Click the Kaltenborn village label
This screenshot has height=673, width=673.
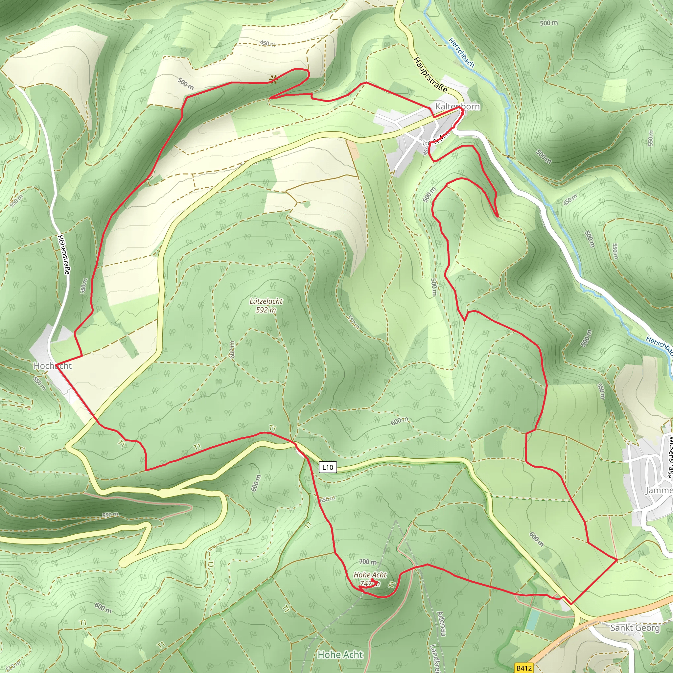point(457,106)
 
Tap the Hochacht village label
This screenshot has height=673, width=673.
point(52,366)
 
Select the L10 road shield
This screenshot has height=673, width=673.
point(328,468)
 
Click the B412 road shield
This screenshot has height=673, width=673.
point(524,668)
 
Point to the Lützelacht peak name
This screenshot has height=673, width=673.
point(266,301)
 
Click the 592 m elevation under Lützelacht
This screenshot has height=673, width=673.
point(266,310)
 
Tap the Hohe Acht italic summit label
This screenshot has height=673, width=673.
point(370,575)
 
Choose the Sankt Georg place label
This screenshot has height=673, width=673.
point(635,628)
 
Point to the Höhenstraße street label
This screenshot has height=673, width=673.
point(63,254)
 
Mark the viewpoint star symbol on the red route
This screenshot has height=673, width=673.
point(273,80)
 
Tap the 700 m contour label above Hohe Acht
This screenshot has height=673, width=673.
point(368,562)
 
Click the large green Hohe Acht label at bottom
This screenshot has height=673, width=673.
point(340,655)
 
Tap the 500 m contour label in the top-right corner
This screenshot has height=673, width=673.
point(549,23)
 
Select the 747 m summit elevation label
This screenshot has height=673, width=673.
point(370,584)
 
